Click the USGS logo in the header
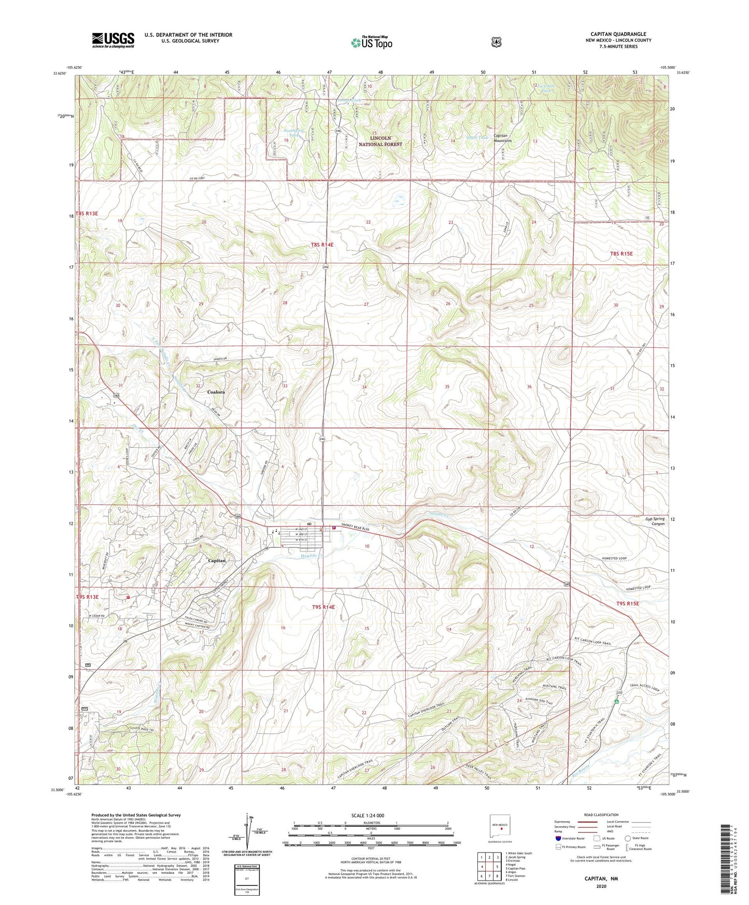(113, 40)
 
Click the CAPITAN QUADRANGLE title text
(618, 34)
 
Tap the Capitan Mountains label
(502, 138)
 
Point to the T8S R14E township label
(322, 244)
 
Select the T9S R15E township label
(627, 604)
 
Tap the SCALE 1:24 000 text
(368, 815)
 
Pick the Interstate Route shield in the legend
(558, 838)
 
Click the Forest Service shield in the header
(497, 41)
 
